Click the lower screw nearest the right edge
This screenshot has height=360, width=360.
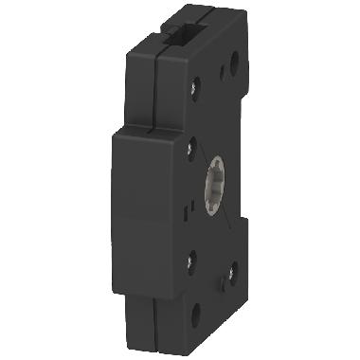point(230,274)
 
